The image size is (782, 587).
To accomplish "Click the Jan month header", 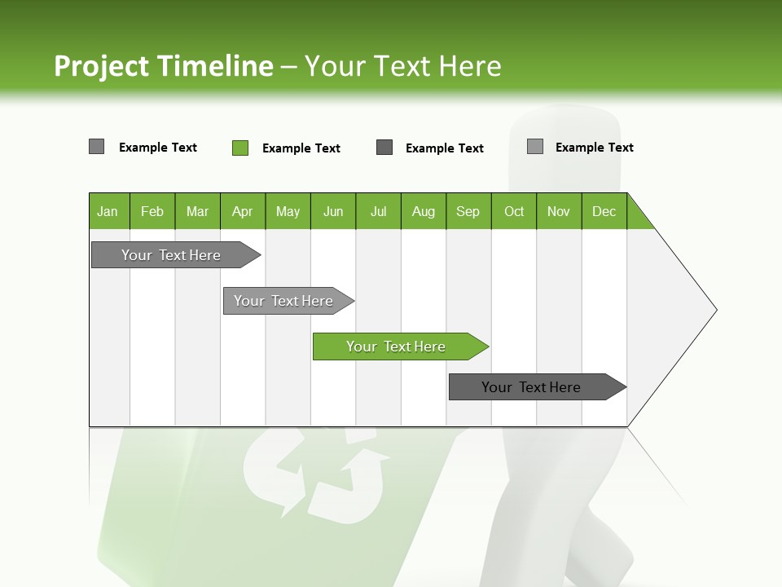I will click(x=108, y=211).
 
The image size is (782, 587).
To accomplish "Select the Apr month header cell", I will click(x=243, y=211).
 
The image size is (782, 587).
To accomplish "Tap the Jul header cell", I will click(x=378, y=211).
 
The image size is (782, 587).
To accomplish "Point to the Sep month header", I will click(x=468, y=211).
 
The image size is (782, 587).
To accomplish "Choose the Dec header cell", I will click(x=604, y=211).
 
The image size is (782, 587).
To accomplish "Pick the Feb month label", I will click(x=152, y=211).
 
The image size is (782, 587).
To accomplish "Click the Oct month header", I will click(x=514, y=211).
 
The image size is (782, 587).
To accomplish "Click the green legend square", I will click(x=240, y=148).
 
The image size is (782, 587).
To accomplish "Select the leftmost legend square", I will click(x=97, y=147).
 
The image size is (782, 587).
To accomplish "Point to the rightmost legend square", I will click(x=535, y=147).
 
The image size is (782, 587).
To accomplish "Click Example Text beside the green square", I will click(x=301, y=148).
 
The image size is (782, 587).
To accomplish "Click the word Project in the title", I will click(x=103, y=66).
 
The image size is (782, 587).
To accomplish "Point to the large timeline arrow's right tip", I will click(x=715, y=309).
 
